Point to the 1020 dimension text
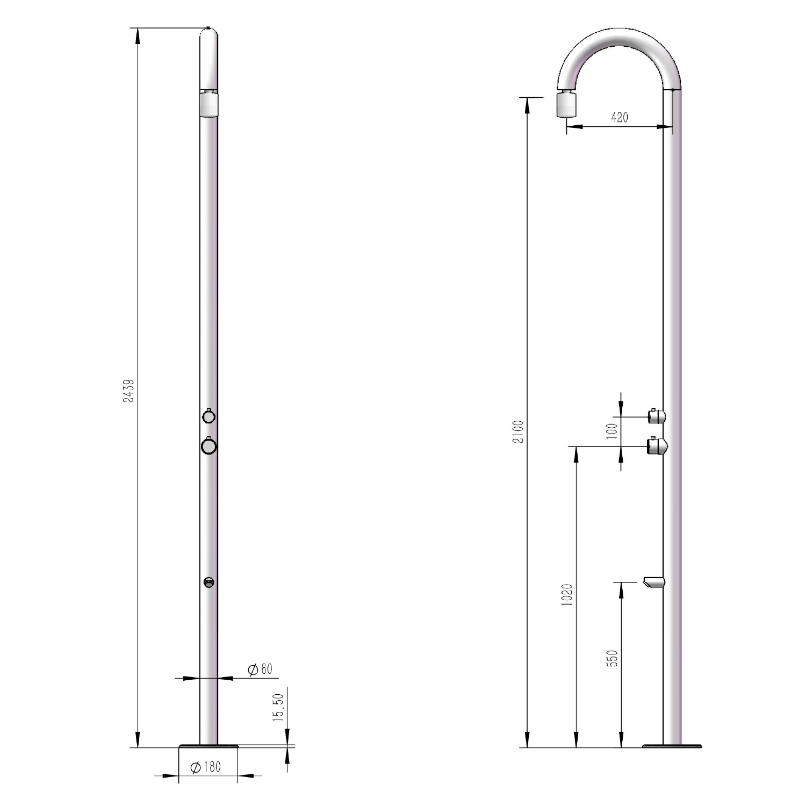click(x=567, y=595)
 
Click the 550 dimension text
click(x=612, y=658)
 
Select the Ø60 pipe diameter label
click(x=260, y=670)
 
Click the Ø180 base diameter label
click(x=206, y=767)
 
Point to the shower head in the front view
click(x=208, y=104)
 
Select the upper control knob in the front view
click(x=208, y=416)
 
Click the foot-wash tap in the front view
click(x=208, y=582)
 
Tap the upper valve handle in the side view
click(x=657, y=416)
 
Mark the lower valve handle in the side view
click(x=657, y=445)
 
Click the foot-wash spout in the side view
click(x=654, y=581)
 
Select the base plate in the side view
click(x=672, y=745)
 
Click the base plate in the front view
click(x=208, y=745)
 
